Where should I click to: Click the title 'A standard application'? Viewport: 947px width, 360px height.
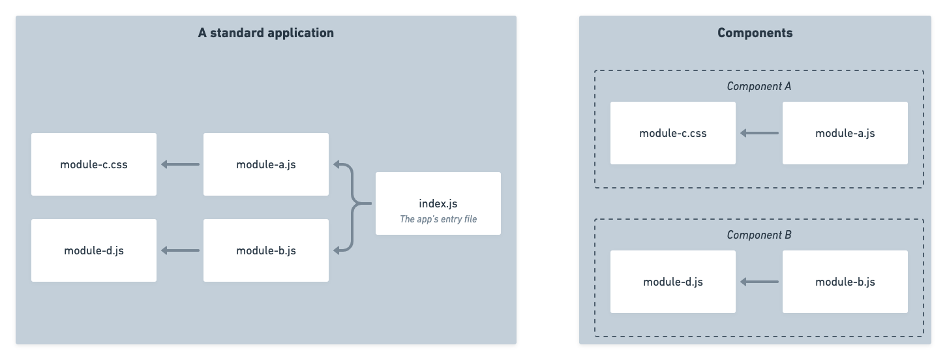coord(265,33)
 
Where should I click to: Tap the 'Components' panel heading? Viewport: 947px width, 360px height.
coord(755,33)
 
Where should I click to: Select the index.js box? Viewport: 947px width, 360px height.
coord(438,203)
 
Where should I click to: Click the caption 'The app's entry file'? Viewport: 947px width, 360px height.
coord(438,219)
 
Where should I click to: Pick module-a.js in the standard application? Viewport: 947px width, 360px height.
coord(265,164)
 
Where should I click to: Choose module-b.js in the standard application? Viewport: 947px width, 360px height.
coord(265,250)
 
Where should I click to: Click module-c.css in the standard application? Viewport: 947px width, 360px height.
coord(93,164)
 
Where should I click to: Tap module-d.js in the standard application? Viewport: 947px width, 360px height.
coord(93,250)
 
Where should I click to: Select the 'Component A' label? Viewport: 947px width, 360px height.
coord(759,86)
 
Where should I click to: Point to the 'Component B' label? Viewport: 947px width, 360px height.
coord(759,235)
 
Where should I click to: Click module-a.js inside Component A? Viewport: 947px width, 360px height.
coord(845,133)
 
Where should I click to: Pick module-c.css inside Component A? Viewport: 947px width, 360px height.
coord(672,133)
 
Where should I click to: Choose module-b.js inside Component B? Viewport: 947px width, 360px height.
coord(845,282)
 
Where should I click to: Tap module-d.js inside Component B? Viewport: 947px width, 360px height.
coord(672,282)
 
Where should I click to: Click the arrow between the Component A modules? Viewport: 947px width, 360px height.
coord(759,133)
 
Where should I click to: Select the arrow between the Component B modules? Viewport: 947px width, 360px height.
coord(759,282)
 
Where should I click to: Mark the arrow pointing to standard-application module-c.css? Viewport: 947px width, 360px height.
coord(180,164)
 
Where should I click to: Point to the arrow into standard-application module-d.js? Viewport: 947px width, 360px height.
coord(180,250)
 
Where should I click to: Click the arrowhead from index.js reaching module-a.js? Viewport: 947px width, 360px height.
coord(337,164)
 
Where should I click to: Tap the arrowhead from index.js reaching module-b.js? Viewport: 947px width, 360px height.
coord(337,250)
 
